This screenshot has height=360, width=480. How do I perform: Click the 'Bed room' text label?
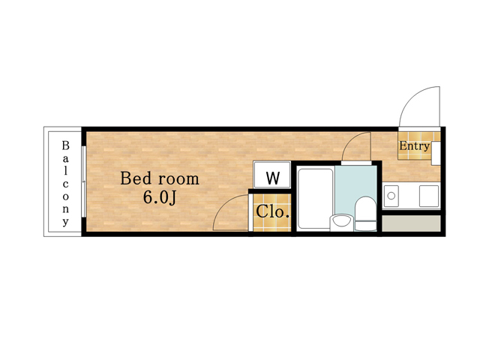(160, 178)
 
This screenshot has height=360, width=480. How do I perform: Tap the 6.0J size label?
(160, 197)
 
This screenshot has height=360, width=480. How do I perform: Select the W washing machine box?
(272, 175)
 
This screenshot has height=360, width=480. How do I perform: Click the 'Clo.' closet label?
(272, 211)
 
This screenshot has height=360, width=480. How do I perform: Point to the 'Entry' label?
(415, 146)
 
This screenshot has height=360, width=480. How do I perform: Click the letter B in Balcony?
(65, 145)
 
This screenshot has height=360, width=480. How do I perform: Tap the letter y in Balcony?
(65, 221)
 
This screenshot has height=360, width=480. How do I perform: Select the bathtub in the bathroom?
(316, 199)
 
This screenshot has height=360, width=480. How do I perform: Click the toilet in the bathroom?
(365, 214)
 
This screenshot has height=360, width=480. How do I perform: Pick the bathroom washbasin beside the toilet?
(342, 223)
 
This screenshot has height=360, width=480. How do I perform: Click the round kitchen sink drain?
(391, 195)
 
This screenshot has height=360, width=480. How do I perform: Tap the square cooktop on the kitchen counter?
(429, 196)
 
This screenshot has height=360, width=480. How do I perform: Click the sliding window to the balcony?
(83, 181)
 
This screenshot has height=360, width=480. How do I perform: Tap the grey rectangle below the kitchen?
(412, 223)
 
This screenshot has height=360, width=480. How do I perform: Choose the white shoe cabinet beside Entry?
(436, 153)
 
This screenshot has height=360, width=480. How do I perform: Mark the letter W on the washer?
(273, 178)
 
